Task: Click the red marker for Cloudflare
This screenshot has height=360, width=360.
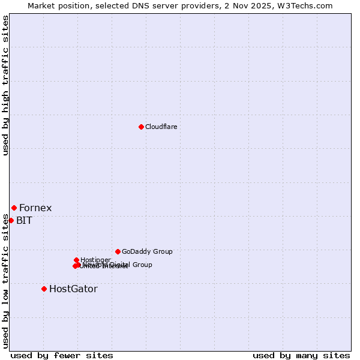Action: click(x=141, y=127)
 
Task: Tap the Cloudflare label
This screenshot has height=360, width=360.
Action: click(x=161, y=127)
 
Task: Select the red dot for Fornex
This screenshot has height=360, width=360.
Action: click(x=14, y=208)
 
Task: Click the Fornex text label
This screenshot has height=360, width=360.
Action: click(x=35, y=208)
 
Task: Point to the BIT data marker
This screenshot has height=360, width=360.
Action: click(x=11, y=220)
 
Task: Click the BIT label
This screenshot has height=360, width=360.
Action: click(x=24, y=220)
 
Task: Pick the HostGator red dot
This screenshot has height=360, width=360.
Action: click(x=44, y=289)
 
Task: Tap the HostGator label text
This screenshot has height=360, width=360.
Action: click(x=73, y=289)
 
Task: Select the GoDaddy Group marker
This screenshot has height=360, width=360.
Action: click(x=118, y=251)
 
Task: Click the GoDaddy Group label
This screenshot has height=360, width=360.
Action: click(x=147, y=251)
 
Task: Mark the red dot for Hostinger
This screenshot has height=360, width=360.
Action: click(x=76, y=260)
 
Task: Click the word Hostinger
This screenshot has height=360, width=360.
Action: click(x=95, y=260)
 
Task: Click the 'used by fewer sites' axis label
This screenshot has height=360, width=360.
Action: click(x=62, y=355)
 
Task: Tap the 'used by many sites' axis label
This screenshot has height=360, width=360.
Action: click(x=301, y=355)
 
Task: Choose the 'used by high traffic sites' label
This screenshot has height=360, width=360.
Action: click(x=5, y=85)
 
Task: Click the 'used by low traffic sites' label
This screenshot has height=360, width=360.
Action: click(x=5, y=281)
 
